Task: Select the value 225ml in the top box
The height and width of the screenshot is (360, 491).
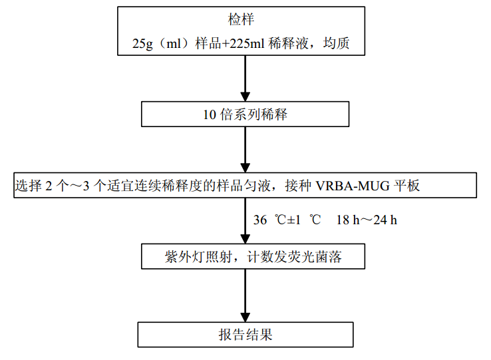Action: pos(244,45)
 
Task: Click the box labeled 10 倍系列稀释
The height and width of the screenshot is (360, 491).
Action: pos(245,114)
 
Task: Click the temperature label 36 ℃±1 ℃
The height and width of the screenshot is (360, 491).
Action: pos(288,220)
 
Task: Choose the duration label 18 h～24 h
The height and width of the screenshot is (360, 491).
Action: pos(367,220)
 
